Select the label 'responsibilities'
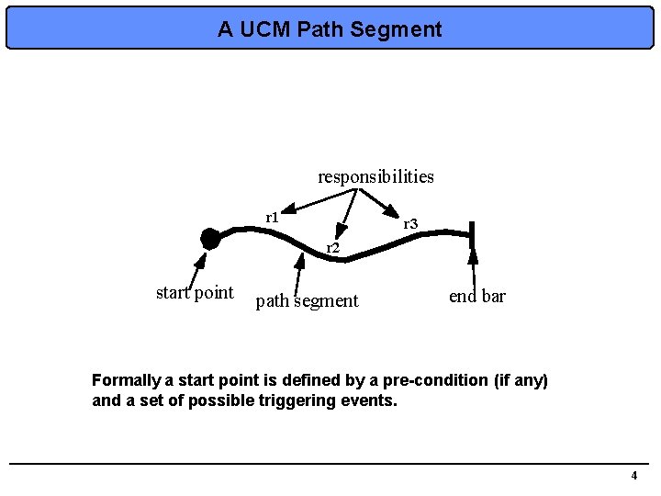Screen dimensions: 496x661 pos(375,175)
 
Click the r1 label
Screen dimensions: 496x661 pos(272,217)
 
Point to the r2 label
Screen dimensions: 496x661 pos(333,248)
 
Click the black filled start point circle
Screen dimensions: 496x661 pos(210,239)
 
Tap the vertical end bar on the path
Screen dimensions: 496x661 pos(472,236)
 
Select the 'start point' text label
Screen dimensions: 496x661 pos(195,293)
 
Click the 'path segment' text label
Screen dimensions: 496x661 pos(307,300)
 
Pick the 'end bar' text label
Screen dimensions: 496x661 pos(476,296)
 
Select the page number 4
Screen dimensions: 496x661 pos(633,475)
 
